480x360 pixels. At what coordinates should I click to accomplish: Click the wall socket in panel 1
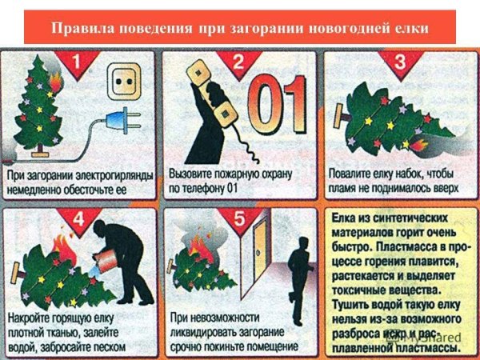(122, 81)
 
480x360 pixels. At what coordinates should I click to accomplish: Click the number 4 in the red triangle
(75, 218)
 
